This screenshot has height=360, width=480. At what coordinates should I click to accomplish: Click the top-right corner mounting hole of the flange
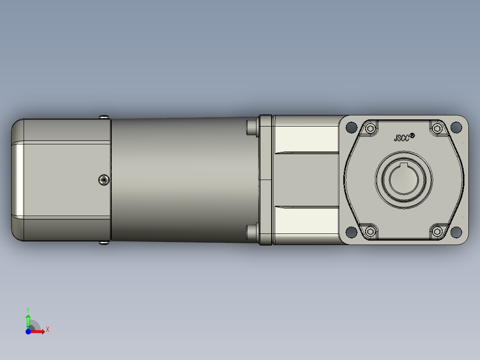456,127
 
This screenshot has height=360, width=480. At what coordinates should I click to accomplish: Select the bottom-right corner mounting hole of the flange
456,232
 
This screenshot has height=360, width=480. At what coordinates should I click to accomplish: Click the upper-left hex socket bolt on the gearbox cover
370,129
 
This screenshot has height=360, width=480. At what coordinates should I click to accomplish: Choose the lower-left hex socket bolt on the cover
370,231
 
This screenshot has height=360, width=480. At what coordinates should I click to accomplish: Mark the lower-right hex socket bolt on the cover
437,231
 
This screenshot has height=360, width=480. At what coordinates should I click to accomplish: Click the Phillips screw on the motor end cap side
104,180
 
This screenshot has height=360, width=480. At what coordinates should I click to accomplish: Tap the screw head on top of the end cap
105,117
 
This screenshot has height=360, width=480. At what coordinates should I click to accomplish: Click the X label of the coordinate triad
47,330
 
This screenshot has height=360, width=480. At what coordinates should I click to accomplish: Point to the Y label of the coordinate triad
28,309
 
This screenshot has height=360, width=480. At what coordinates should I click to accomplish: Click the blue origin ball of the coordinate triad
28,331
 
